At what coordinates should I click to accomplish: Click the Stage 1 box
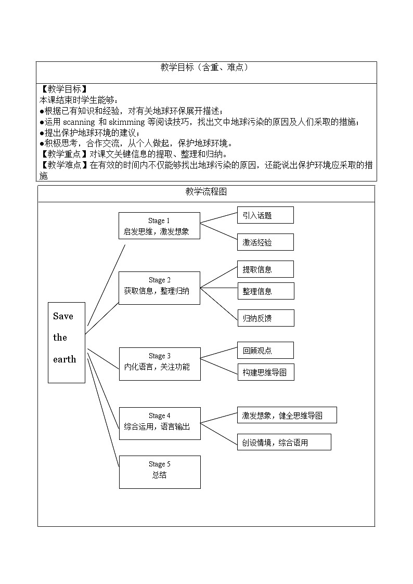(159, 226)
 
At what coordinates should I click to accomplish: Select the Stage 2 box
(159, 288)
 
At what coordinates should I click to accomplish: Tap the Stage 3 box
(159, 364)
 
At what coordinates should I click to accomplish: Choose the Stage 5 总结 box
(159, 472)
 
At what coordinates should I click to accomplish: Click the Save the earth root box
(66, 342)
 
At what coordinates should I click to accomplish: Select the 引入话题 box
(265, 215)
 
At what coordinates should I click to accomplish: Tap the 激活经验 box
(265, 242)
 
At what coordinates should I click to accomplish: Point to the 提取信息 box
(265, 269)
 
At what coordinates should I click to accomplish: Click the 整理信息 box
(265, 291)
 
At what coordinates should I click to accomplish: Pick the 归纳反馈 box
(265, 318)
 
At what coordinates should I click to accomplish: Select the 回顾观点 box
(265, 351)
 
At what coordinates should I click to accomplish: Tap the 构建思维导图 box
(265, 372)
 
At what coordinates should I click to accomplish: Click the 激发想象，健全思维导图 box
(287, 415)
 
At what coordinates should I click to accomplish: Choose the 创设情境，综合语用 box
(283, 442)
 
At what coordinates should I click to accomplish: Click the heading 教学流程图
(206, 192)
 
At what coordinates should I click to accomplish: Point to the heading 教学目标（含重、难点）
(206, 68)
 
